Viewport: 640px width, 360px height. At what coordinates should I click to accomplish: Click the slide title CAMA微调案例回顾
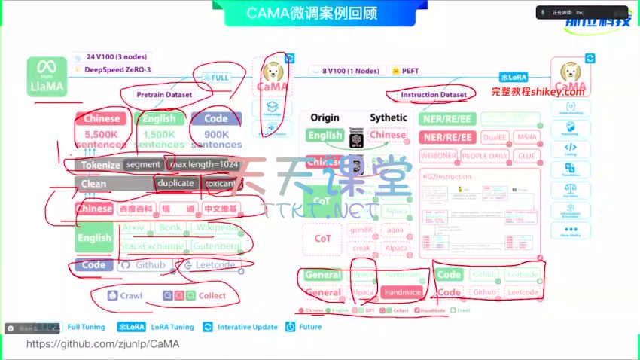[x=312, y=13]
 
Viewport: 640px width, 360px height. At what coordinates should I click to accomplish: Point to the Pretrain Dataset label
[x=164, y=95]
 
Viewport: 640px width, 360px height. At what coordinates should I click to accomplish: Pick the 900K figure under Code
[x=216, y=133]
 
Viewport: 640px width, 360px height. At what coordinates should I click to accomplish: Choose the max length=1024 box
[x=204, y=164]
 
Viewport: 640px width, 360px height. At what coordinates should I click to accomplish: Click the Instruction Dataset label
[x=433, y=95]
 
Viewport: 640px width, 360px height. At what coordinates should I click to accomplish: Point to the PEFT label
[x=410, y=70]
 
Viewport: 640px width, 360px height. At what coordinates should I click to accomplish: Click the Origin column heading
[x=325, y=117]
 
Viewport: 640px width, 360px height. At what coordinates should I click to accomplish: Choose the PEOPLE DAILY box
[x=484, y=156]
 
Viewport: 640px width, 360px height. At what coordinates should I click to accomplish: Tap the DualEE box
[x=494, y=137]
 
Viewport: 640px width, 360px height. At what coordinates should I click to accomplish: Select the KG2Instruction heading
[x=447, y=177]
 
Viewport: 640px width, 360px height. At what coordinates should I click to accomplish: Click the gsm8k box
[x=362, y=230]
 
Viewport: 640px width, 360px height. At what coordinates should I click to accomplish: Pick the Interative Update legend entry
[x=248, y=327]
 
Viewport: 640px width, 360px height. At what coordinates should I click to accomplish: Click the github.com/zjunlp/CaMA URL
[x=103, y=343]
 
